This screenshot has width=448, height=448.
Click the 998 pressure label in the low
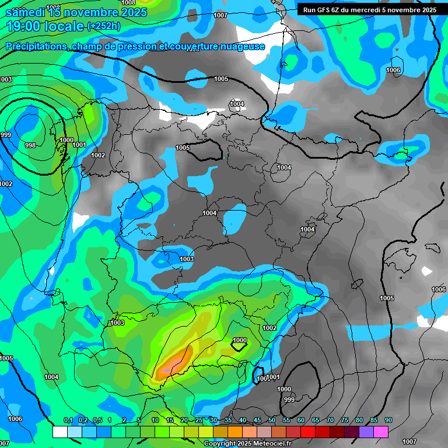[x=30, y=145]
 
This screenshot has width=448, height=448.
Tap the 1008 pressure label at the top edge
[x=128, y=3]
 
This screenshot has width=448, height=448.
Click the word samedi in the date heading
[x=24, y=12]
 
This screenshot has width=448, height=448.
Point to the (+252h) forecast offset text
[x=103, y=26]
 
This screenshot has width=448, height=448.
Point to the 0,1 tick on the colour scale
[x=68, y=421]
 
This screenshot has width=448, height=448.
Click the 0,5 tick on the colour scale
[x=97, y=421]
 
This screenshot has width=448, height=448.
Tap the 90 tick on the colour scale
[x=388, y=421]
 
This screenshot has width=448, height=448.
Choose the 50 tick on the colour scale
[x=271, y=421]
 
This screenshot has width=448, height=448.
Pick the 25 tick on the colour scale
[x=198, y=421]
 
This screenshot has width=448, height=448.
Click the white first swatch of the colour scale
[x=60, y=432]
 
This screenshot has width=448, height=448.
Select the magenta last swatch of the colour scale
[x=380, y=432]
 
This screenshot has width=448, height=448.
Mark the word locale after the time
[x=65, y=26]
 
